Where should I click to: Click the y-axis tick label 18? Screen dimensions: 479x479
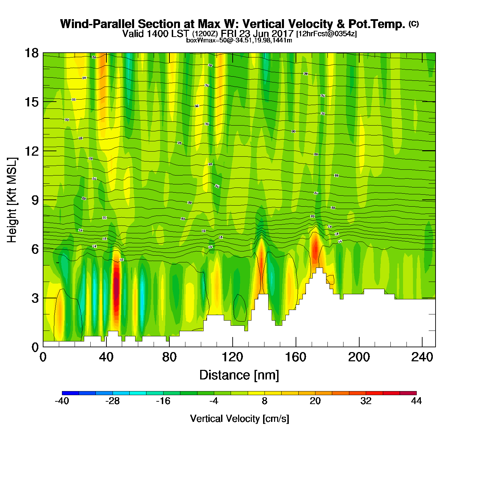pyautogui.click(x=31, y=53)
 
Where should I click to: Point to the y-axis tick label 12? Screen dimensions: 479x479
pyautogui.click(x=31, y=151)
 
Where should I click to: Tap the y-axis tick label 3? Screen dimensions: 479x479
pyautogui.click(x=35, y=298)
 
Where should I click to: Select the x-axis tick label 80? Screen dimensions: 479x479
pyautogui.click(x=169, y=357)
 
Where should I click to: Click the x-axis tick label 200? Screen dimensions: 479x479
pyautogui.click(x=359, y=357)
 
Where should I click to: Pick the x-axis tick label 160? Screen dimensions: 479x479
pyautogui.click(x=296, y=357)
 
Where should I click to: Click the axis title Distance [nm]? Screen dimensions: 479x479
pyautogui.click(x=239, y=375)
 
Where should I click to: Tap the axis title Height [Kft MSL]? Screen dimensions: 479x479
pyautogui.click(x=12, y=200)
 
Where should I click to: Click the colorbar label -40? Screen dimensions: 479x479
pyautogui.click(x=62, y=401)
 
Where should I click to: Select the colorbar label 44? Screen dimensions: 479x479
pyautogui.click(x=416, y=401)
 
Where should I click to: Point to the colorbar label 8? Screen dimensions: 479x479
pyautogui.click(x=264, y=401)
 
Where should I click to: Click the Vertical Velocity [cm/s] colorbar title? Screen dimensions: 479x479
pyautogui.click(x=239, y=419)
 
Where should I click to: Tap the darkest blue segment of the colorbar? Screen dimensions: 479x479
pyautogui.click(x=70, y=393)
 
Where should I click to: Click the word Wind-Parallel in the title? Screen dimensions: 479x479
pyautogui.click(x=98, y=24)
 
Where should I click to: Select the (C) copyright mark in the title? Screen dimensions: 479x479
pyautogui.click(x=414, y=24)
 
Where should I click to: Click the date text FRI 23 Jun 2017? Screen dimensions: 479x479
pyautogui.click(x=257, y=34)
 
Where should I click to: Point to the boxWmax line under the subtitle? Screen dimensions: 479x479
pyautogui.click(x=239, y=40)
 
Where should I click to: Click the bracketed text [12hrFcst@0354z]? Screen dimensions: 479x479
pyautogui.click(x=326, y=34)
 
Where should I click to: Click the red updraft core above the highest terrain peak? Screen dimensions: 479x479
pyautogui.click(x=315, y=250)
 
